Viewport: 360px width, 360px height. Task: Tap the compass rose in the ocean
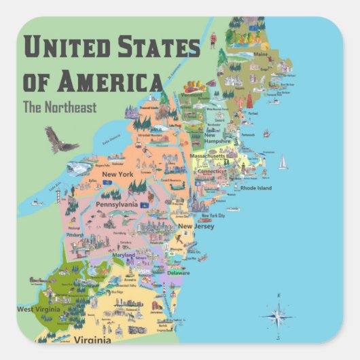click(x=277, y=314)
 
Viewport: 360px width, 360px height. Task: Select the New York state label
click(x=117, y=175)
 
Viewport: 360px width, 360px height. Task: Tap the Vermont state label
click(x=192, y=95)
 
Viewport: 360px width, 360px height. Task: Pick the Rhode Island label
click(x=256, y=187)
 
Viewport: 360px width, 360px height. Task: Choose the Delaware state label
click(x=179, y=272)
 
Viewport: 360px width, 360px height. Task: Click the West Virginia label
click(x=36, y=309)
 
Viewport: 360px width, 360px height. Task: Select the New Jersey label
click(x=196, y=226)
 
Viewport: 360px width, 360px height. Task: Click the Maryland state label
click(x=124, y=255)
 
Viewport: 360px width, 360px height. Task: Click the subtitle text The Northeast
click(x=60, y=107)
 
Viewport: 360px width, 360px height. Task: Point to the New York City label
click(x=212, y=215)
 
